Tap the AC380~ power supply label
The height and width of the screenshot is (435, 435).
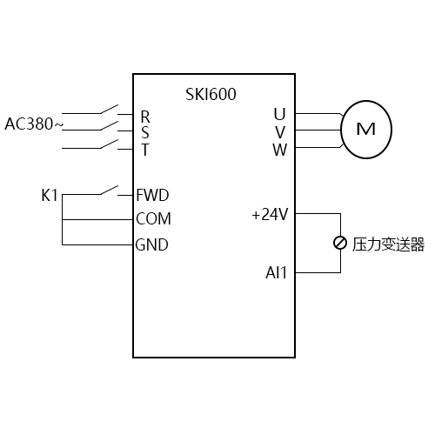(x=34, y=124)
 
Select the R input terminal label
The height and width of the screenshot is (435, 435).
(x=145, y=116)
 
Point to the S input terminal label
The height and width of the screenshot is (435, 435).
(x=145, y=132)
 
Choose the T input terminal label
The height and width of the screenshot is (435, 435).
(x=145, y=149)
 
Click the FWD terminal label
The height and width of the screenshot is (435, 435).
(x=152, y=194)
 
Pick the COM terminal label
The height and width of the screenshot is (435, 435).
(x=153, y=218)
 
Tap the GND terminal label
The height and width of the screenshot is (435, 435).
(x=152, y=244)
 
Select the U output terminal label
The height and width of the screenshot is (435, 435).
(x=279, y=114)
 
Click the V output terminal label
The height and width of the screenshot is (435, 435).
(x=279, y=131)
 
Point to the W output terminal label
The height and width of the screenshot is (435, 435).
(x=279, y=148)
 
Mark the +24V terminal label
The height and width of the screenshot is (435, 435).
(x=269, y=214)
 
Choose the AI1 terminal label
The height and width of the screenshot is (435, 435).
(x=277, y=273)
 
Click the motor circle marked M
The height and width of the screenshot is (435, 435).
(x=366, y=130)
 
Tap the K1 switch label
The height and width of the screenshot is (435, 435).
(x=50, y=195)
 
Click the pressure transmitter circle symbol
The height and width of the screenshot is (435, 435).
(x=339, y=244)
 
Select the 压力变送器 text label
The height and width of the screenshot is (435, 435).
(x=387, y=244)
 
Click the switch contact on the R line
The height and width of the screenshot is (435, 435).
(x=110, y=110)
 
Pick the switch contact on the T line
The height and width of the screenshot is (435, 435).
(x=110, y=144)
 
